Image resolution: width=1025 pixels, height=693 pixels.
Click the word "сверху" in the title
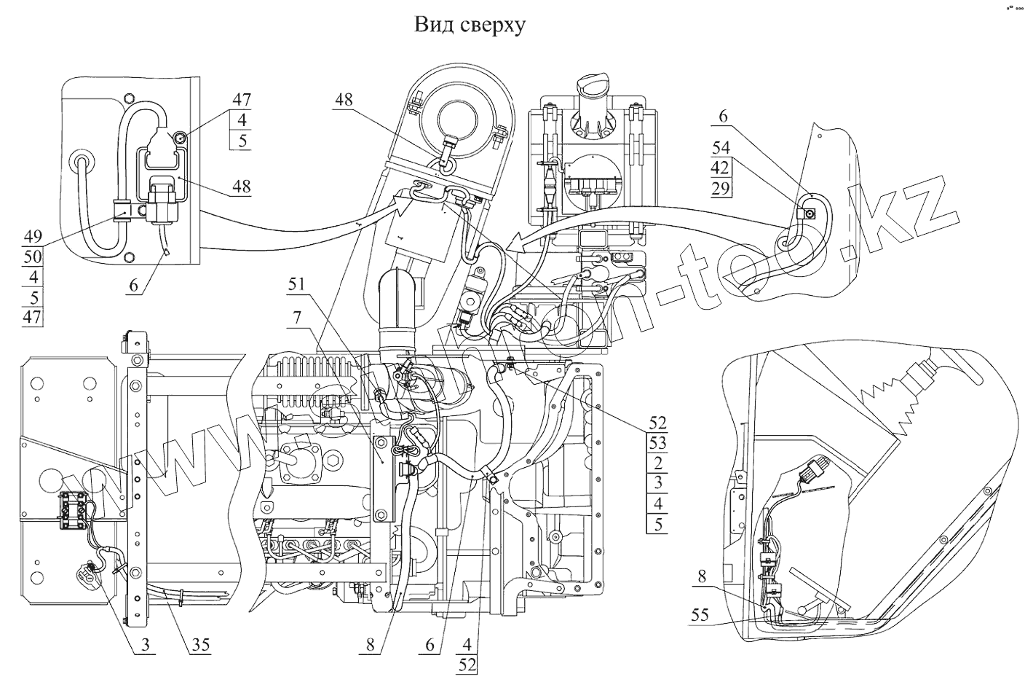(490, 26)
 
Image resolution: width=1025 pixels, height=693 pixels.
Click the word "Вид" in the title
(431, 26)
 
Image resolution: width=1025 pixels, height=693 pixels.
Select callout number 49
(33, 237)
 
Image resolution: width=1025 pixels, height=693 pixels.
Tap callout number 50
(33, 257)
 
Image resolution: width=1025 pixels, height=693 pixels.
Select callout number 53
(657, 442)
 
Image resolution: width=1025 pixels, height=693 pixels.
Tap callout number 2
(657, 462)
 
